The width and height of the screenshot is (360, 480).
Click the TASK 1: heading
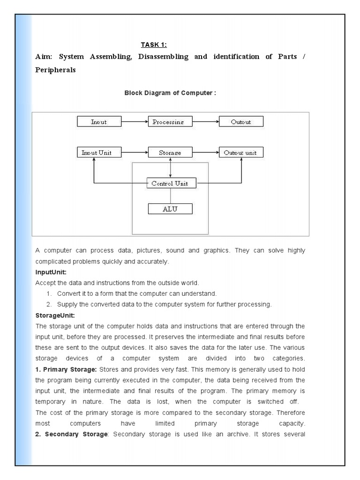click(154, 45)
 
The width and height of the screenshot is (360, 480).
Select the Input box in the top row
click(99, 122)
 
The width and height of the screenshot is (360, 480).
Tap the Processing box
click(170, 122)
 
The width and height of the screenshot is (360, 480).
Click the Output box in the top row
click(241, 122)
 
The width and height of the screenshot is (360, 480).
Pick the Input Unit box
click(99, 152)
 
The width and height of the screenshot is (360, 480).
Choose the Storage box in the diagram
click(170, 152)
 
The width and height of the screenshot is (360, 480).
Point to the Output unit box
click(241, 152)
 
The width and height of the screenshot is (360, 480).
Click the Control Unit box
click(170, 183)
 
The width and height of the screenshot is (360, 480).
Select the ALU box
click(170, 209)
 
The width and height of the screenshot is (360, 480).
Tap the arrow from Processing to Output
click(205, 122)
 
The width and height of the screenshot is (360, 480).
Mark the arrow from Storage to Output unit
click(205, 152)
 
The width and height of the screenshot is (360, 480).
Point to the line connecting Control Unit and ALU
click(170, 196)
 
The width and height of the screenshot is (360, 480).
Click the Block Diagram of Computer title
click(170, 93)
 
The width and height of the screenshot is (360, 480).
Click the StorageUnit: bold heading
click(55, 315)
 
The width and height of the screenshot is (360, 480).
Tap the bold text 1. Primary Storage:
click(66, 369)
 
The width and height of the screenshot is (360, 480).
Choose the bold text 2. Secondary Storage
click(71, 434)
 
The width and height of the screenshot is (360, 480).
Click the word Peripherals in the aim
click(55, 70)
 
